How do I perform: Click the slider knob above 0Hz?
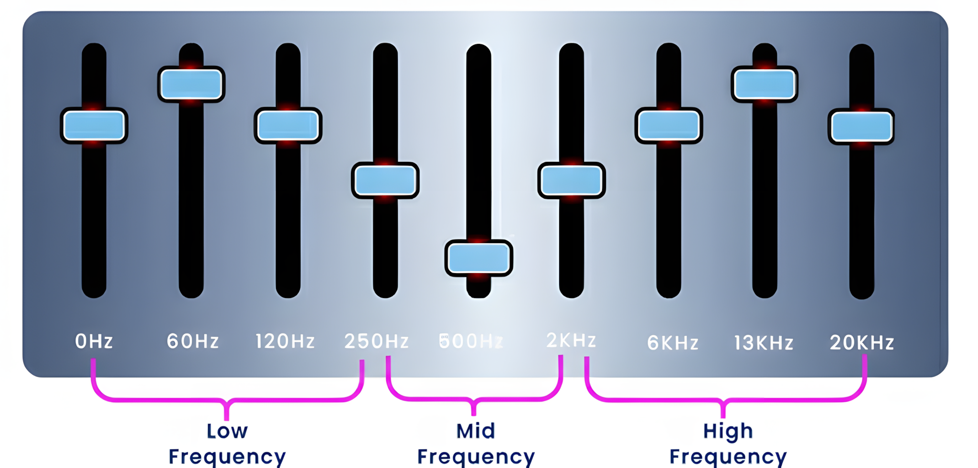pos(94,126)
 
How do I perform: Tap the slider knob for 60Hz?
pos(191,84)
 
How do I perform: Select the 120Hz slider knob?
pos(288,126)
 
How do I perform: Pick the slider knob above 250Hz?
pos(385,181)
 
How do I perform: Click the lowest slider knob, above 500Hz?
pos(478,258)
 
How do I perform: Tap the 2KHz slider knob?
pos(572,181)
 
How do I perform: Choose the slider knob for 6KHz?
pos(669,126)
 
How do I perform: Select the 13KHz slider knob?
pos(765,84)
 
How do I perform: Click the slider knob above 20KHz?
pos(861,127)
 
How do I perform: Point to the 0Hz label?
pos(94,341)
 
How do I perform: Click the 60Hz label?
pos(192,341)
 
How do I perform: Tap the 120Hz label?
pos(285,341)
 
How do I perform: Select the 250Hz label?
pos(377,341)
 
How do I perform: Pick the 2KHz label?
pos(571,340)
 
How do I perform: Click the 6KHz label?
pos(673,343)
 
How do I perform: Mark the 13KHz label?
pos(764,343)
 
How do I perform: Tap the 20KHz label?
pos(862,343)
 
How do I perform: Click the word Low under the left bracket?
pos(227,431)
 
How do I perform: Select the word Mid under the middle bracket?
pos(476,431)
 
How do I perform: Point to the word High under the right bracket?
pos(728,431)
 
